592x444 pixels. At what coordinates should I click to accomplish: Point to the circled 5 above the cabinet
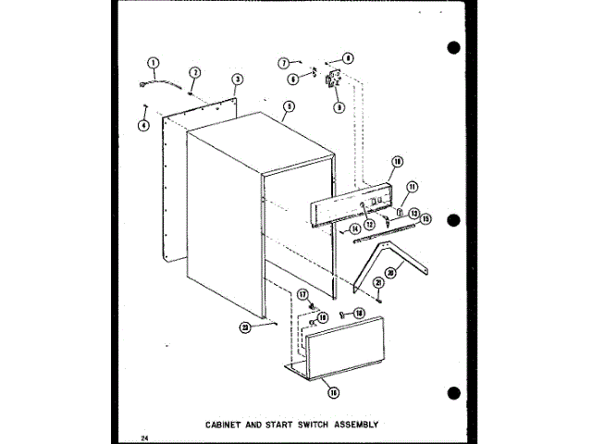pyautogui.click(x=289, y=107)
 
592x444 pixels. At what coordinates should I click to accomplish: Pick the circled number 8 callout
pyautogui.click(x=348, y=57)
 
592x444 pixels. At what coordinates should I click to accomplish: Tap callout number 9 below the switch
pyautogui.click(x=339, y=107)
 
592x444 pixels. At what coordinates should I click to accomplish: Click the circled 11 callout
pyautogui.click(x=413, y=186)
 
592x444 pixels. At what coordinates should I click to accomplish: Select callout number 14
pyautogui.click(x=356, y=228)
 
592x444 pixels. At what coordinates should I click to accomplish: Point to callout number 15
pyautogui.click(x=425, y=218)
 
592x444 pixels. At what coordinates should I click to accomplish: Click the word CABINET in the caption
pyautogui.click(x=226, y=425)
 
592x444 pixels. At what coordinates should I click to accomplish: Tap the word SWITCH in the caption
pyautogui.click(x=311, y=425)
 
